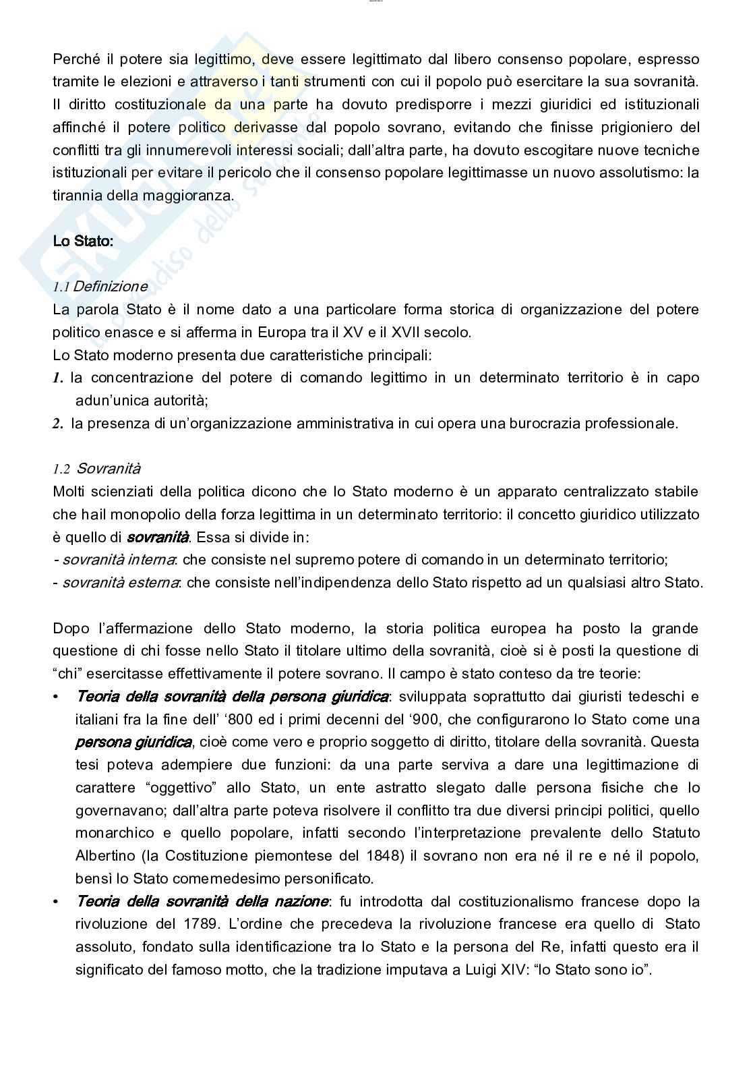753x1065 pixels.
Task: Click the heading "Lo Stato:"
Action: pos(83,241)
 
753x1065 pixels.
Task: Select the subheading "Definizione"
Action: pos(110,286)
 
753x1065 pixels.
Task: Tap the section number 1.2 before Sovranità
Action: pos(61,469)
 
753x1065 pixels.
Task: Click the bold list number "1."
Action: pos(58,378)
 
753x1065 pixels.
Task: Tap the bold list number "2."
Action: pos(58,424)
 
